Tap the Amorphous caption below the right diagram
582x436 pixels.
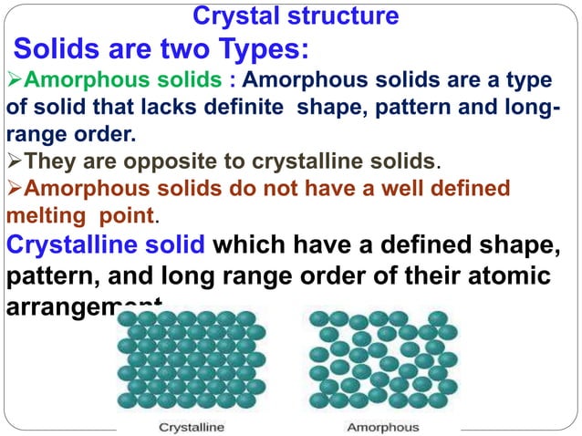pos(382,426)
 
